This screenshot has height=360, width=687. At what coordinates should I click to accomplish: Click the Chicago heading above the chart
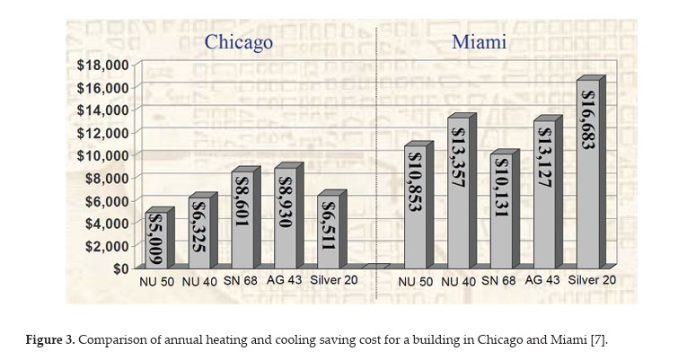[x=238, y=42]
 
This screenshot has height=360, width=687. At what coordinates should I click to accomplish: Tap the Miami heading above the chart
[x=478, y=42]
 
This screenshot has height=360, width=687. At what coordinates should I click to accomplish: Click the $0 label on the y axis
[x=118, y=268]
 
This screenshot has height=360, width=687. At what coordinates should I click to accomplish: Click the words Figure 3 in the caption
[x=48, y=339]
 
